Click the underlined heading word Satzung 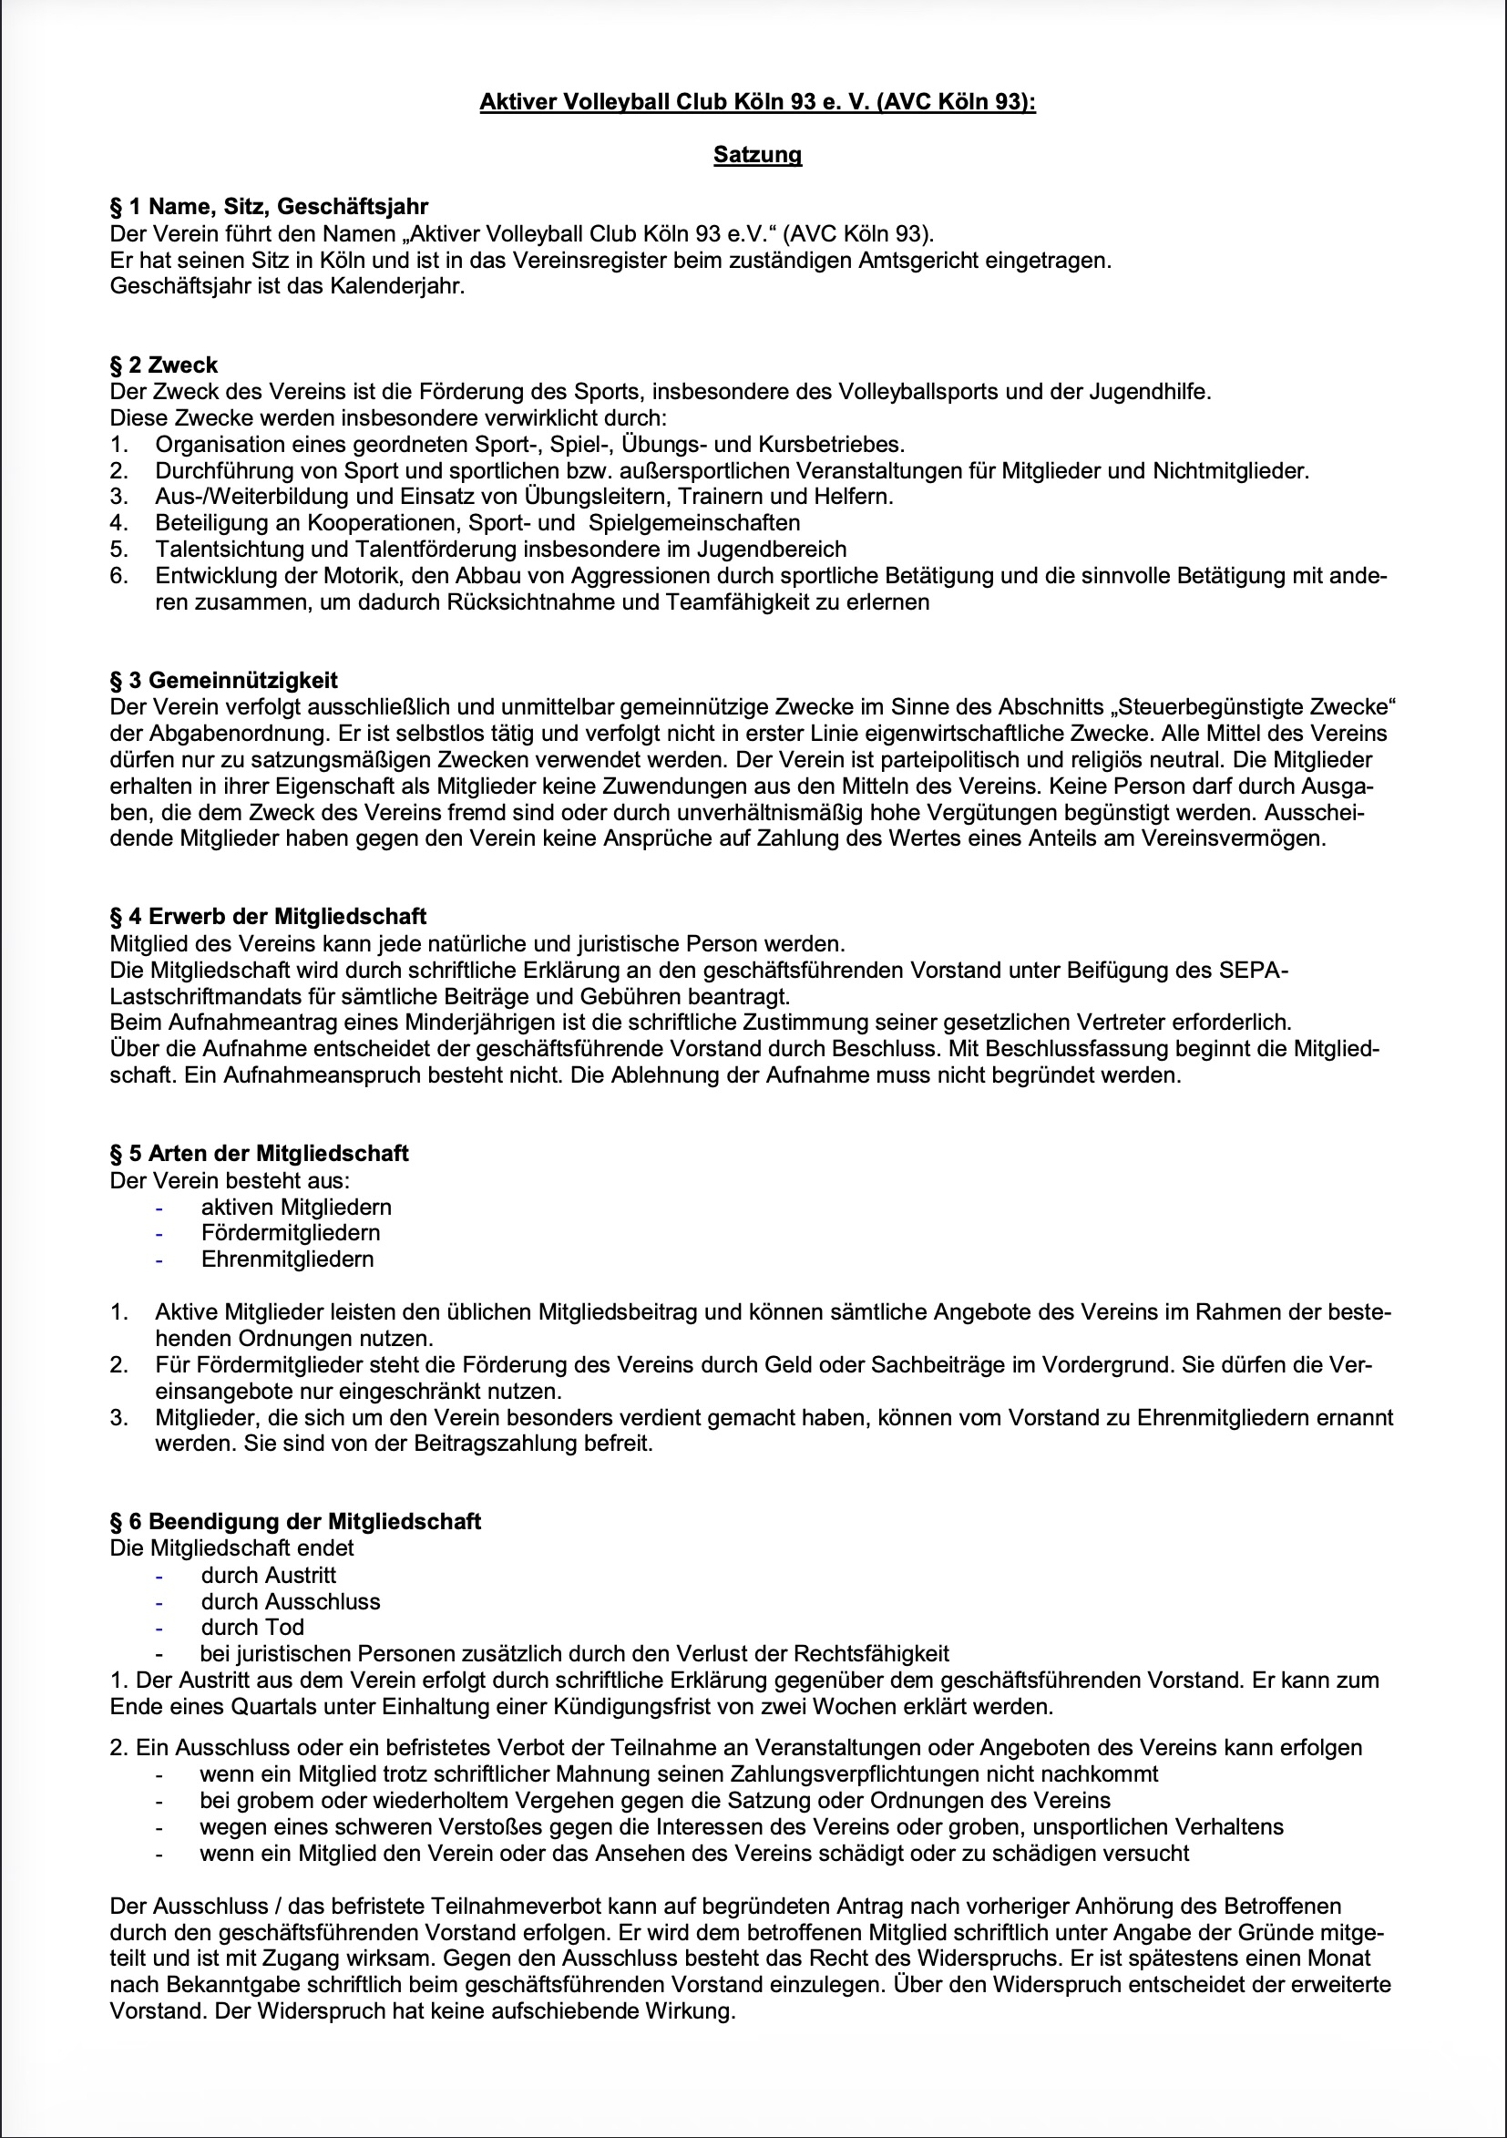pyautogui.click(x=757, y=155)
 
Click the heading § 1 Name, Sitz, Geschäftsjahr pyautogui.click(x=269, y=207)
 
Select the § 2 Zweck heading pyautogui.click(x=164, y=365)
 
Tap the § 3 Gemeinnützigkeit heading pyautogui.click(x=223, y=680)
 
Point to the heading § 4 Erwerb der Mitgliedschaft pyautogui.click(x=268, y=916)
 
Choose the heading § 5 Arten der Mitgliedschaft pyautogui.click(x=259, y=1153)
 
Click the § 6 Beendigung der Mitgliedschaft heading pyautogui.click(x=295, y=1522)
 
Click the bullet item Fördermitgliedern pyautogui.click(x=291, y=1233)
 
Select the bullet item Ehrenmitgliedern pyautogui.click(x=287, y=1259)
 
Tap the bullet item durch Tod pyautogui.click(x=252, y=1627)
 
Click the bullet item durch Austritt pyautogui.click(x=268, y=1575)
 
